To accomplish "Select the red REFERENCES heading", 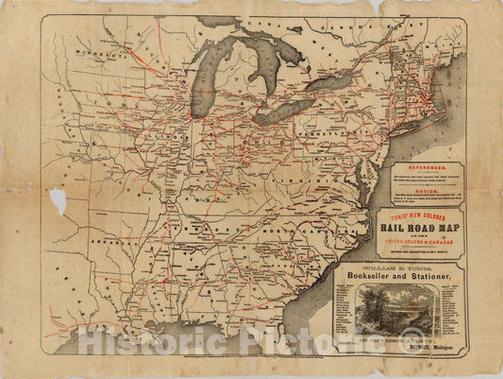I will [x=424, y=164].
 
